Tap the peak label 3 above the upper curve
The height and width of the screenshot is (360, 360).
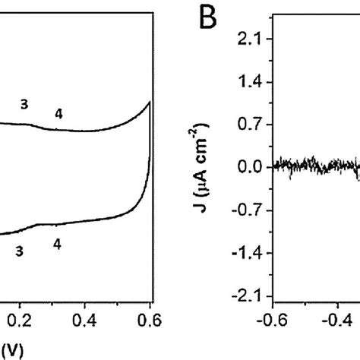(25, 106)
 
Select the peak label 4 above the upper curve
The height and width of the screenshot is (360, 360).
(58, 114)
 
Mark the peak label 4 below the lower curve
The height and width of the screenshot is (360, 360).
(58, 244)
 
